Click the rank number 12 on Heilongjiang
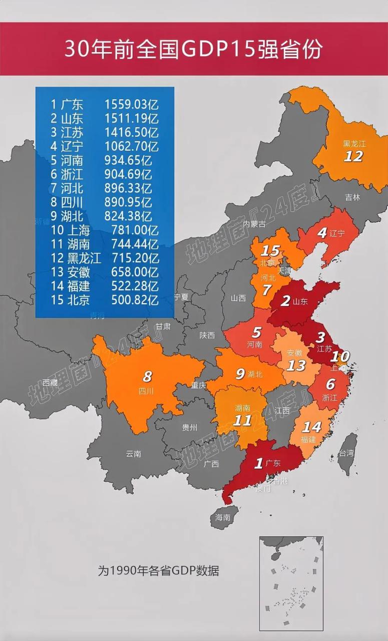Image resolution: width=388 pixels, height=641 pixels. click(x=353, y=156)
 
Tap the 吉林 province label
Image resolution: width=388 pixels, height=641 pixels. click(x=352, y=197)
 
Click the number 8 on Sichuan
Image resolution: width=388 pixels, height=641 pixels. click(x=147, y=376)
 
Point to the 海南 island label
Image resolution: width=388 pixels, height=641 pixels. click(x=223, y=517)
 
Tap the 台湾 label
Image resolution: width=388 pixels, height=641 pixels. click(x=346, y=453)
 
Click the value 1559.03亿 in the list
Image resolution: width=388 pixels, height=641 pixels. click(x=131, y=105)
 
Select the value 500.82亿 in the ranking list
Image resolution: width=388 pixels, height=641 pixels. click(x=131, y=300)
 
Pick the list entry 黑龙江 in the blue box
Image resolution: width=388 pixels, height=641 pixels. click(x=84, y=258)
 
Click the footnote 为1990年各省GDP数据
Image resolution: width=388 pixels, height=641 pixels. click(x=158, y=570)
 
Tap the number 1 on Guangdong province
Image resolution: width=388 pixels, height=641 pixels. click(x=259, y=463)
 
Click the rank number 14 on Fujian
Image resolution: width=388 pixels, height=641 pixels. click(x=311, y=427)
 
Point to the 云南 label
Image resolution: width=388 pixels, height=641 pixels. click(x=134, y=454)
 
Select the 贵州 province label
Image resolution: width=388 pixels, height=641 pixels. click(x=190, y=427)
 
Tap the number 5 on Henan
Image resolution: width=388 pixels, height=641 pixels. click(x=256, y=332)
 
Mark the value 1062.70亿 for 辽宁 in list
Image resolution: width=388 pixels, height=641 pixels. click(x=131, y=147)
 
